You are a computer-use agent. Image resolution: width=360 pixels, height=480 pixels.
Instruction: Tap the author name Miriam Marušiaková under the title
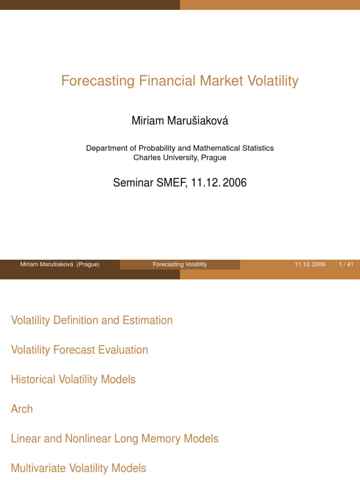click(x=180, y=121)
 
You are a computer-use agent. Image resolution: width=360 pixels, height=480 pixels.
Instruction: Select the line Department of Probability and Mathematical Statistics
click(x=180, y=148)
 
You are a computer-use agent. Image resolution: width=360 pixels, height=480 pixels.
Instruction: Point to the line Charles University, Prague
click(x=180, y=157)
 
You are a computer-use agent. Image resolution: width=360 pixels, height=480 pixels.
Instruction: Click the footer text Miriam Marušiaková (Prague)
click(x=60, y=264)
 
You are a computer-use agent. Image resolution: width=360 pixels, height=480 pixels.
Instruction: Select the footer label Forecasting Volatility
click(x=180, y=264)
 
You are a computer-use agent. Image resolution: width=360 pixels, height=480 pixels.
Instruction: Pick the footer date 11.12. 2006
click(x=310, y=264)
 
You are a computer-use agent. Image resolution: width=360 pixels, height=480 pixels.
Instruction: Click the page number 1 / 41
click(x=346, y=264)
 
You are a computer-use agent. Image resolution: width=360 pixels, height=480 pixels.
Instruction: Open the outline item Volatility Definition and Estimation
click(x=91, y=321)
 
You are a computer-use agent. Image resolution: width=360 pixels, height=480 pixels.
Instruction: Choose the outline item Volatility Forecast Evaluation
click(x=79, y=350)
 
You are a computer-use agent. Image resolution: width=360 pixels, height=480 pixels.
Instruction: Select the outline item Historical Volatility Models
click(x=73, y=380)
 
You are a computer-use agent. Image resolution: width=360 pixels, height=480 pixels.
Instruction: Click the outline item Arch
click(x=22, y=409)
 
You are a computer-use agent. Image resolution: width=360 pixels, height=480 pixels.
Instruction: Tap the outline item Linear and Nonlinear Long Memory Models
click(x=114, y=439)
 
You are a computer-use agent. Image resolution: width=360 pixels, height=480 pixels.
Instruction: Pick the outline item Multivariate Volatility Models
click(x=78, y=468)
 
